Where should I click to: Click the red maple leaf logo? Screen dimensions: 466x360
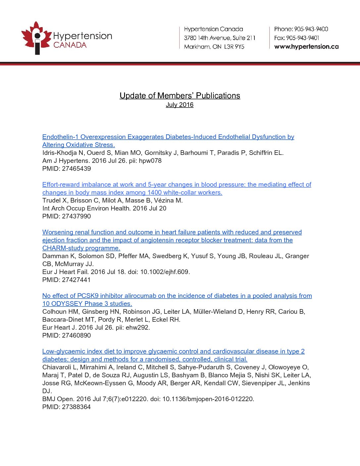(35, 37)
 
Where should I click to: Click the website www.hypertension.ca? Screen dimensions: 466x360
(306, 47)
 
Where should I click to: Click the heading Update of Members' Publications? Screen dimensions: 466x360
(180, 96)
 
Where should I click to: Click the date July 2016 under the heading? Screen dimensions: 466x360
(180, 105)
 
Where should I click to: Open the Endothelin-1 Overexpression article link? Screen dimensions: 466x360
(168, 137)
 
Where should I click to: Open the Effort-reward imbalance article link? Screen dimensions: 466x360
(177, 185)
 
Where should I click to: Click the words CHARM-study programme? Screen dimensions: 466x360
(81, 248)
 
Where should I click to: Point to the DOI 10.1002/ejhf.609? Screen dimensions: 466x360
(165, 272)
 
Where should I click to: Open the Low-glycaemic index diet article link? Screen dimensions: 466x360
(173, 351)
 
